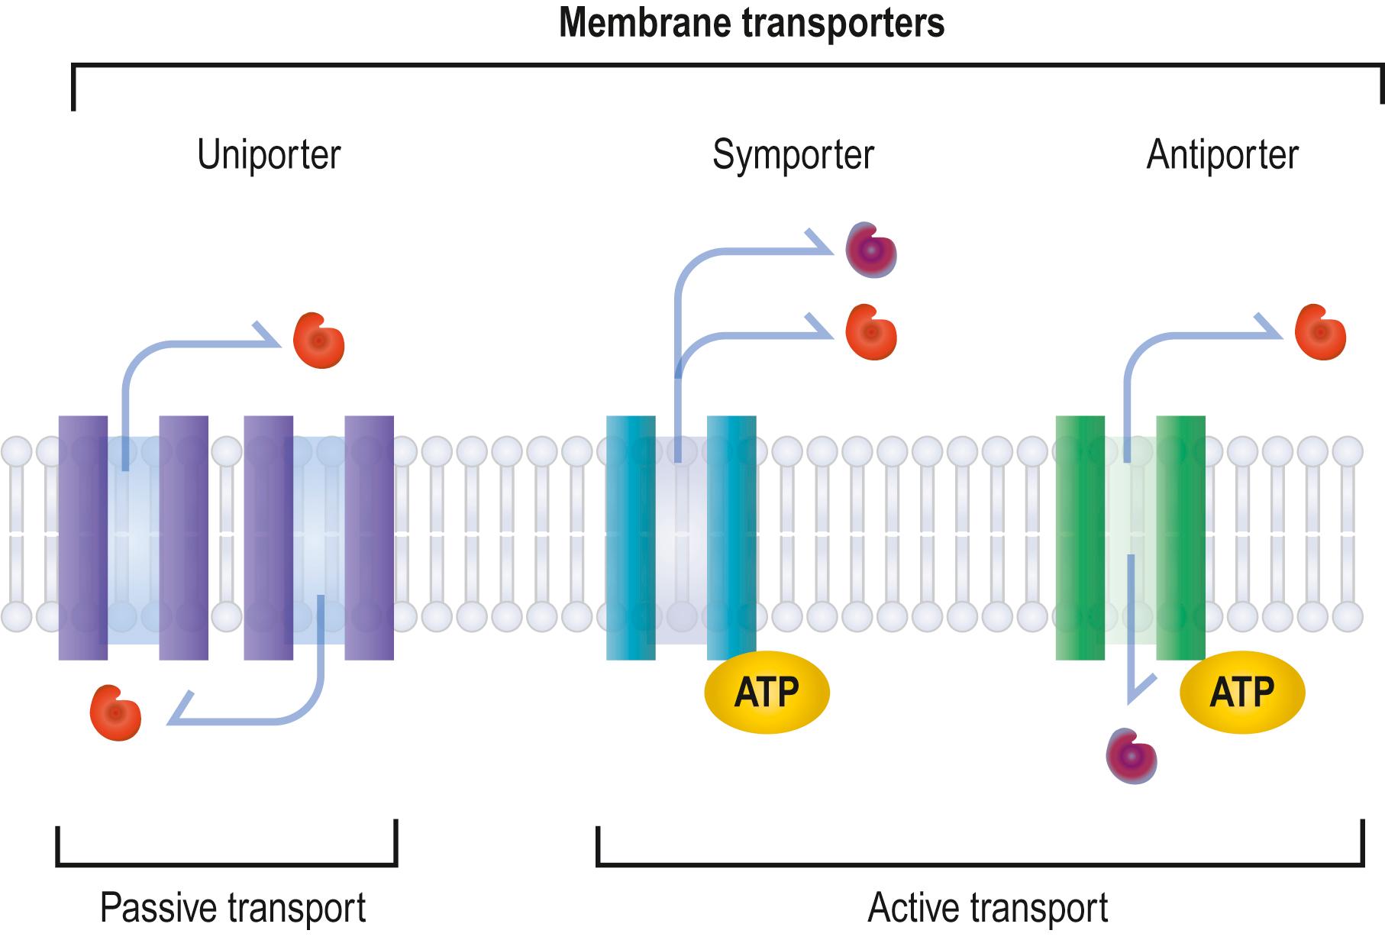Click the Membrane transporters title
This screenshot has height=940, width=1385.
pos(751,23)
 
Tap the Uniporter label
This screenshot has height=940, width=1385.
pos(269,155)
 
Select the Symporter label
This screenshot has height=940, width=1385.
pos(793,155)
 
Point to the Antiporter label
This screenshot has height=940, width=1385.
pos(1222,155)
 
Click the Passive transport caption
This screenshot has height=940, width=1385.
pos(233,908)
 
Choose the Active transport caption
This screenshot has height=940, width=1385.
pos(987,908)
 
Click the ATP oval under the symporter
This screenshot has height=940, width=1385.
pos(766,692)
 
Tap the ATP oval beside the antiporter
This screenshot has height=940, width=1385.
pos(1241,692)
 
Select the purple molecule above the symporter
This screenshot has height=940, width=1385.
pos(871,250)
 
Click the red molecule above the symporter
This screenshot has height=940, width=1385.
pos(871,332)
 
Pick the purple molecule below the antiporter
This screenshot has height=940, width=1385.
pos(1132,756)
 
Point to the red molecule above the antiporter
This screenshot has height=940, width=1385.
pos(1320,332)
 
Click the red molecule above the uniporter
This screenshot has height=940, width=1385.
pos(319,341)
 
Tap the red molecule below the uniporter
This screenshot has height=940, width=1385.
pos(115,712)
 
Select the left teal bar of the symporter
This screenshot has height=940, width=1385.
pos(631,538)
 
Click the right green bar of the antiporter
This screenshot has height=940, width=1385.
pos(1180,538)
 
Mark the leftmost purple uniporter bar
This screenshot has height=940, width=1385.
pos(83,538)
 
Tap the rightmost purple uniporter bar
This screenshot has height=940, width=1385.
pos(369,538)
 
